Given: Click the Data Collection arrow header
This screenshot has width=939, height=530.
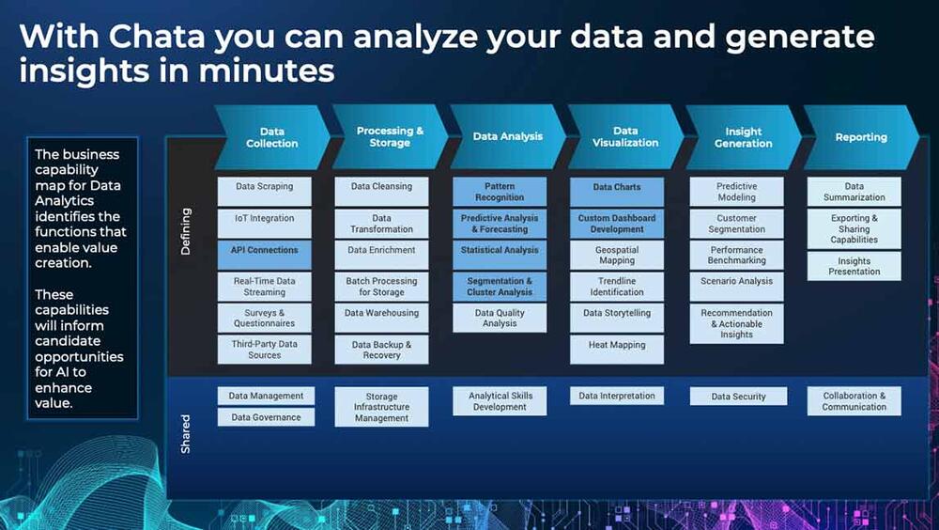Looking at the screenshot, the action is point(272,137).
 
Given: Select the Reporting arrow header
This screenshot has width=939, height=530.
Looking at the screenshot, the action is point(861,137).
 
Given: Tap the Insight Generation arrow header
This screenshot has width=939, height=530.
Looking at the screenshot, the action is point(743,137).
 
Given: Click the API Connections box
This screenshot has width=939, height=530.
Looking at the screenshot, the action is point(264,255).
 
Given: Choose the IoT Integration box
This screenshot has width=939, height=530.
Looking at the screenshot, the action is point(264,223).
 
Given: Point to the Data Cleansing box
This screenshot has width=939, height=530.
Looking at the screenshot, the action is point(381,192).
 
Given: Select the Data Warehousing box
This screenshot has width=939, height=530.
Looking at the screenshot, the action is point(381,318).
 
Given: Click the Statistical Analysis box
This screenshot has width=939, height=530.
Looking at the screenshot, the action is point(500,255).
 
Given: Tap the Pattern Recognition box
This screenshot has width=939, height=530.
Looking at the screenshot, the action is point(500,192).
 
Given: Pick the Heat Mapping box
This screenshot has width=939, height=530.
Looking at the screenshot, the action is point(617,350).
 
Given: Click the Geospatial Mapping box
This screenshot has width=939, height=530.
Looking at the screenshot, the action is point(617,255).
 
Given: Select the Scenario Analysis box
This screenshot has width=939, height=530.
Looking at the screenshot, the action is point(736,287).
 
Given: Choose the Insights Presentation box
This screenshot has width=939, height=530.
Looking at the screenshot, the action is point(854,266).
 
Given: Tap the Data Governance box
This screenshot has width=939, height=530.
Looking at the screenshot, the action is point(266,417).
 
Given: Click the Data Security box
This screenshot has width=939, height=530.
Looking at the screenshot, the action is point(738,397).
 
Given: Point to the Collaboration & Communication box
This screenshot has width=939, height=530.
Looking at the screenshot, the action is point(854,401).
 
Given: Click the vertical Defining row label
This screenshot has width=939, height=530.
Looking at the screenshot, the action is point(186,231).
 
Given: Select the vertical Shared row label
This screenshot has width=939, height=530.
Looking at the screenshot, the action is point(186,434).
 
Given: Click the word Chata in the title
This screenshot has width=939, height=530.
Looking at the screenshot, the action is point(156,37).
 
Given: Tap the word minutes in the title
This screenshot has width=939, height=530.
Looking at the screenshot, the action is point(267,70).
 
